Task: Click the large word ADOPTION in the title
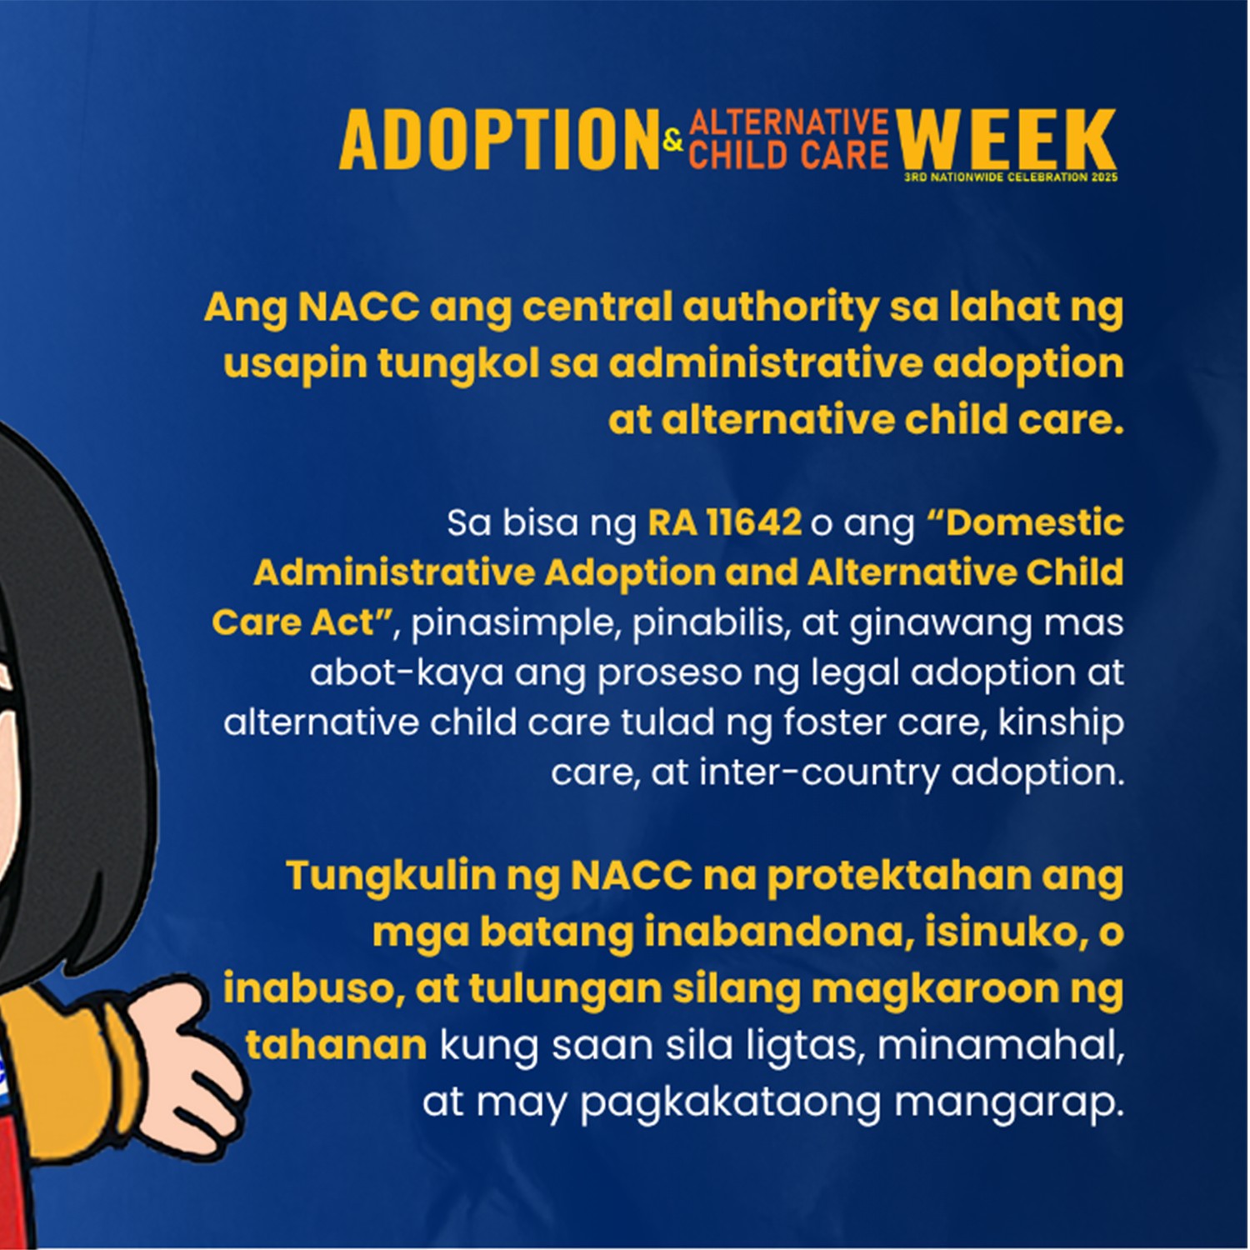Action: click(499, 140)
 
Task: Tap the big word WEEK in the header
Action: click(1007, 140)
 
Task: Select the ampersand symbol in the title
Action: click(673, 140)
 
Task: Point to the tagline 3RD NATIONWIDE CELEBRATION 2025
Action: click(1011, 177)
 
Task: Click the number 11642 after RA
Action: click(754, 523)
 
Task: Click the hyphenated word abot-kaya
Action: click(407, 673)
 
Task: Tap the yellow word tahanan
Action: click(336, 1045)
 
